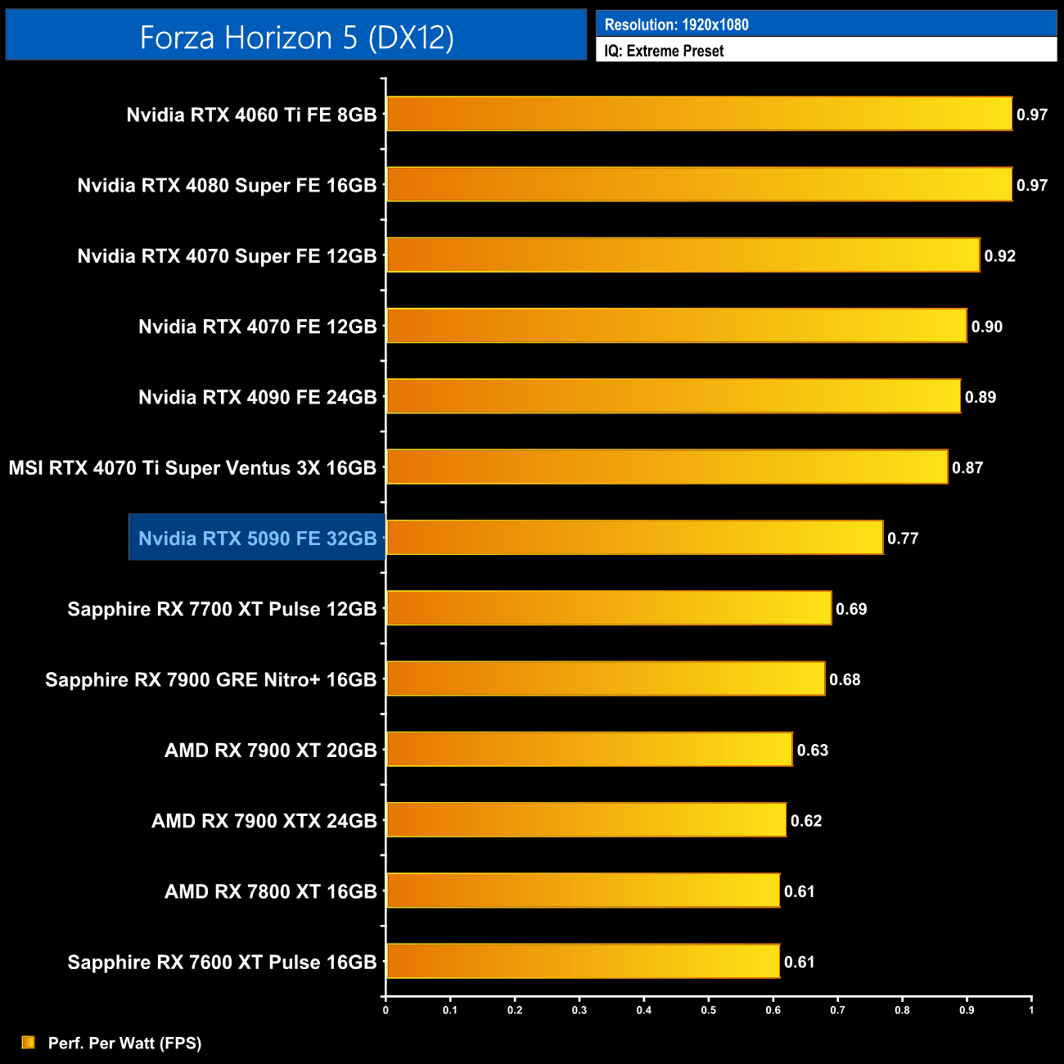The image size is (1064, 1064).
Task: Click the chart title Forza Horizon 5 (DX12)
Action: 296,38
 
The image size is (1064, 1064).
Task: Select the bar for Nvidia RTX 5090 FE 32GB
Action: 634,538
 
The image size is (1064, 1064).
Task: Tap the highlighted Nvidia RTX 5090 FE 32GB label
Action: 257,538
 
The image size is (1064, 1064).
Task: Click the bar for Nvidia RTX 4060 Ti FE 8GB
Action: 699,114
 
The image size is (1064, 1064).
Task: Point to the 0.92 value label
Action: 999,256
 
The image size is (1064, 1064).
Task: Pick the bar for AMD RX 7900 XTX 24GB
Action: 586,820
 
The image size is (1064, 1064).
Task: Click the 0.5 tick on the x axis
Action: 708,1010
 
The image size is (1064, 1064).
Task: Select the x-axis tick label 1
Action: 1031,1010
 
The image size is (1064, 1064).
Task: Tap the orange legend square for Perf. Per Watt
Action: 29,1042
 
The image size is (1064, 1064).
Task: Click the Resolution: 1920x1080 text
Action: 676,25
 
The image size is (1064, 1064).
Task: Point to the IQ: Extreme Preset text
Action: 664,51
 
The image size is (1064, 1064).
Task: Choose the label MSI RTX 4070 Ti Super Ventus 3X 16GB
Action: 192,467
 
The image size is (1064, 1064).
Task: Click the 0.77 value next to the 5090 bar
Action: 903,539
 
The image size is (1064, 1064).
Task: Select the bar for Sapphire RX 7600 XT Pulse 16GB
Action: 583,961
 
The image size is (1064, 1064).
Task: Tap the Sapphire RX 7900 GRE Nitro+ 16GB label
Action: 210,679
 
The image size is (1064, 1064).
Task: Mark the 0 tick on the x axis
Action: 385,1010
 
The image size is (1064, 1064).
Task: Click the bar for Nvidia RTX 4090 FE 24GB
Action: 673,396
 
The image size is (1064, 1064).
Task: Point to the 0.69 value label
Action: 851,609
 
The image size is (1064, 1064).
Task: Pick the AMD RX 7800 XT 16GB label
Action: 270,891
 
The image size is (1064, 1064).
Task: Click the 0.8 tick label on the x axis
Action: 902,1010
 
